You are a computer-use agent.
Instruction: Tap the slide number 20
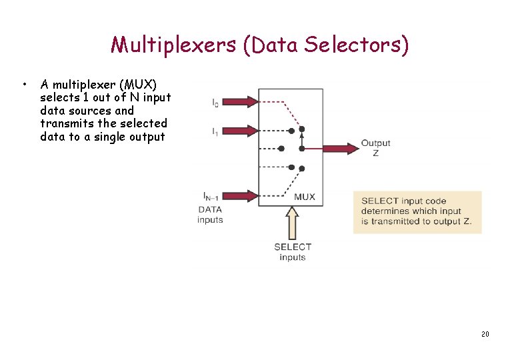(x=485, y=333)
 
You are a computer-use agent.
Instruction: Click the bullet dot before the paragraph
(x=23, y=85)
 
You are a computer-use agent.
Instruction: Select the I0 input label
(x=215, y=102)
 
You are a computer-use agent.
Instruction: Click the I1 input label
(x=215, y=132)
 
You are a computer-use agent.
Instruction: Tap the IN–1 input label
(x=212, y=196)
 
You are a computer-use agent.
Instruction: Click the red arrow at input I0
(x=240, y=102)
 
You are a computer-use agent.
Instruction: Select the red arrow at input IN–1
(x=240, y=195)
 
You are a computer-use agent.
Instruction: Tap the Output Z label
(x=375, y=148)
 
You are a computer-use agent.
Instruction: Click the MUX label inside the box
(x=304, y=197)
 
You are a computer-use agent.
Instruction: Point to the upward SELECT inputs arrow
(x=292, y=223)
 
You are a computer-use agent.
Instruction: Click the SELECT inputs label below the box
(x=293, y=252)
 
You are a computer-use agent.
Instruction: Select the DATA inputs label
(x=210, y=215)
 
